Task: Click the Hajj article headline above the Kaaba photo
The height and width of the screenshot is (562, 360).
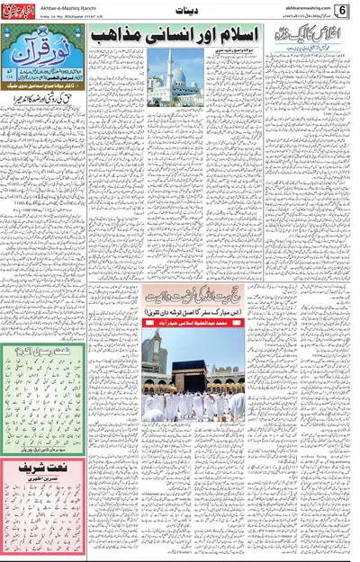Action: click(193, 291)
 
